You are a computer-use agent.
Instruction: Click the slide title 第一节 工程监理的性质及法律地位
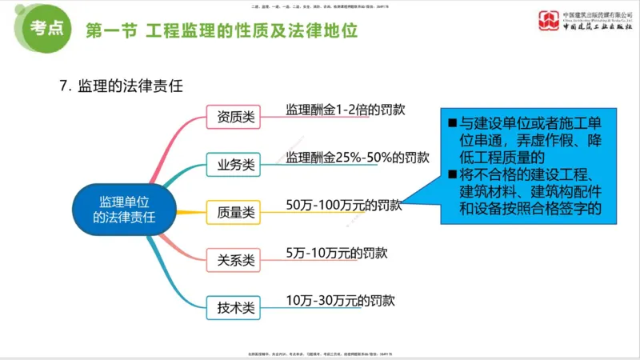221,31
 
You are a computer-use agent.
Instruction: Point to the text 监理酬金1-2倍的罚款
346,110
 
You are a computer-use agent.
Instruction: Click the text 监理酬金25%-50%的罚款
358,157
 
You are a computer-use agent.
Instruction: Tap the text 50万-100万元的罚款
343,205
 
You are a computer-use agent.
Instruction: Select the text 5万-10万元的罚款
337,252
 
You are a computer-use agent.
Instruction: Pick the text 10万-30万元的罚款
341,300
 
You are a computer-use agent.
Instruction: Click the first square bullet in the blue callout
452,124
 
